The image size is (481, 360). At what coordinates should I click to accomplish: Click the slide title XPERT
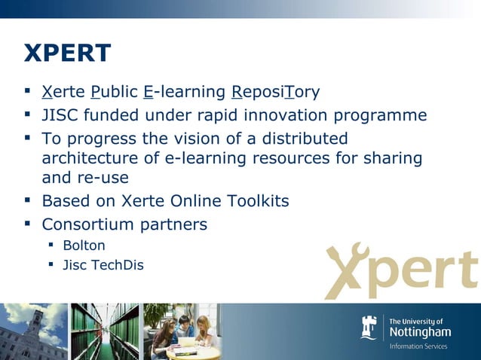click(68, 53)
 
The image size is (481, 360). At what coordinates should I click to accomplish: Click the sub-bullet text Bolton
click(84, 246)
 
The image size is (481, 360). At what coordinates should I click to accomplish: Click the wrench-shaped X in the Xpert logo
click(348, 270)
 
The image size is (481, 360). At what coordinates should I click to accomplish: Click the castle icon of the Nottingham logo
click(369, 328)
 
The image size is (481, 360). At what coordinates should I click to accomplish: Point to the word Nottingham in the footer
click(420, 332)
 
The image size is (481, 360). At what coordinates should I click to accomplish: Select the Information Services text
click(418, 346)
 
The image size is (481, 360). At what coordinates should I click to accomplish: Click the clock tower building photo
click(32, 331)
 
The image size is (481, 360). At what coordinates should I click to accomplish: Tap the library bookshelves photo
click(104, 331)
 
